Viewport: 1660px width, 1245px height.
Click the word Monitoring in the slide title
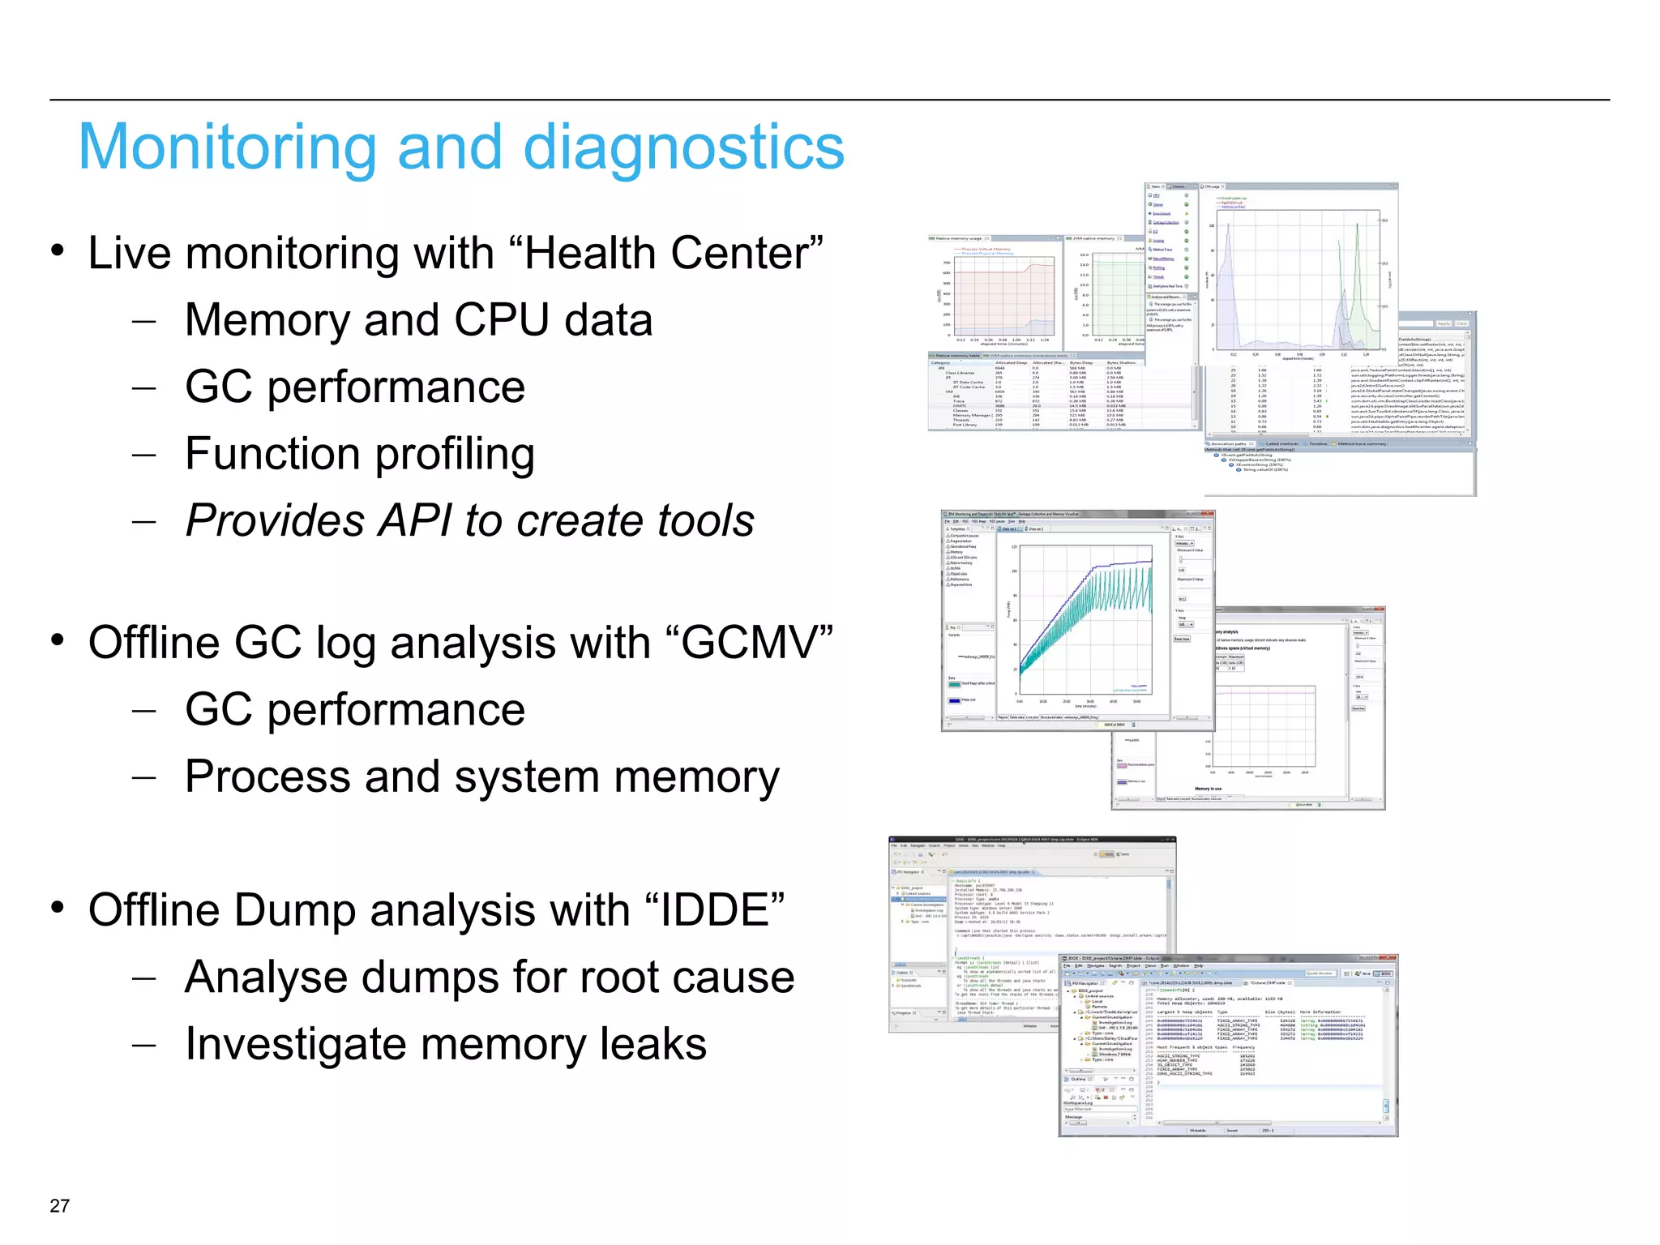(227, 148)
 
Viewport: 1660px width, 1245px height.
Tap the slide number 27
(59, 1205)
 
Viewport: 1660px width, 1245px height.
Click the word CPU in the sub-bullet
(500, 320)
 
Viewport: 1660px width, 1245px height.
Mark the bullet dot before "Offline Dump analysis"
(58, 907)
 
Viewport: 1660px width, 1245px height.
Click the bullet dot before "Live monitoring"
(58, 250)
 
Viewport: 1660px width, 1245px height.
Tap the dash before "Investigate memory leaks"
(143, 1044)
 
